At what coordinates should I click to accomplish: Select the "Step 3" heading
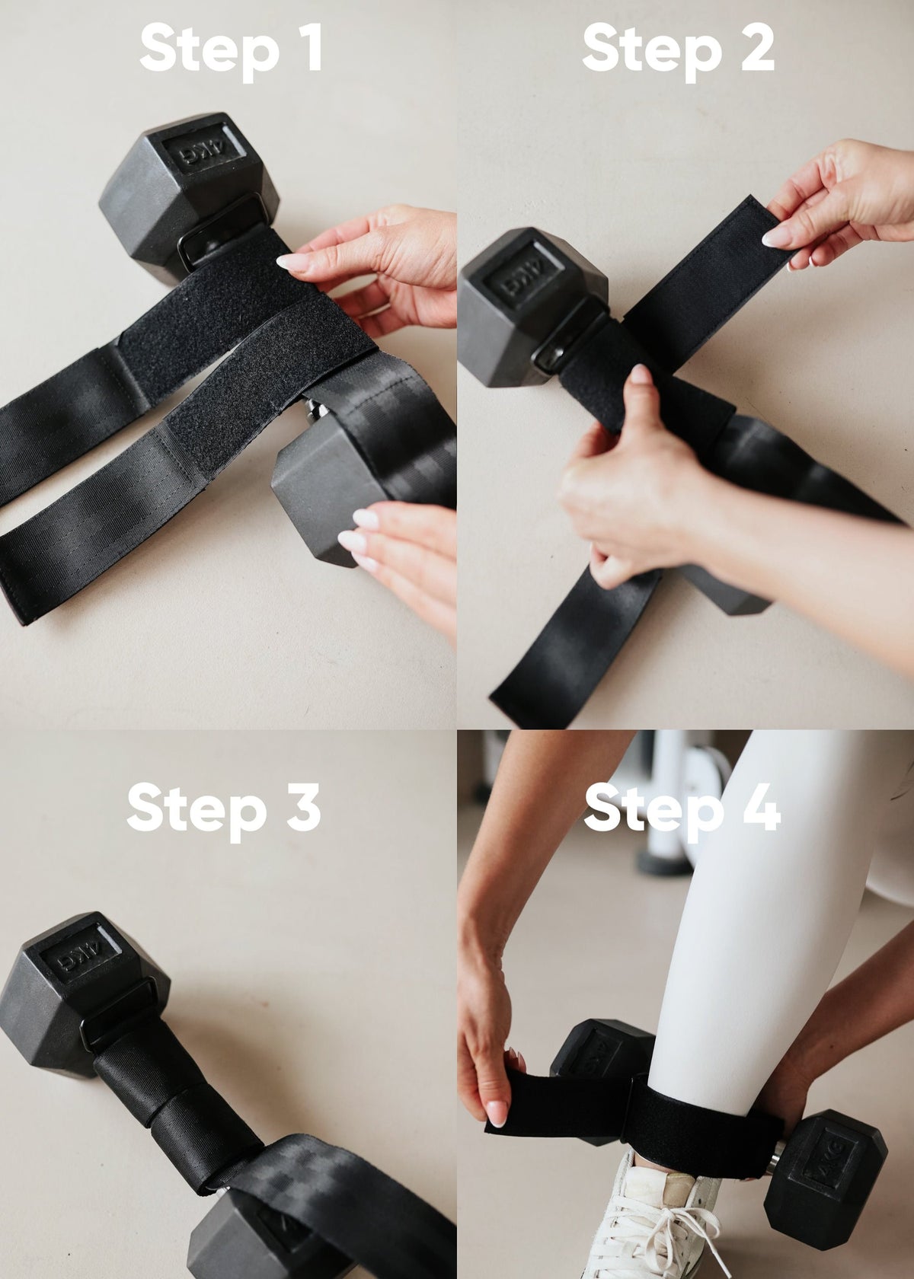223,811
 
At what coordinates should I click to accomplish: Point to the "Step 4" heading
682,811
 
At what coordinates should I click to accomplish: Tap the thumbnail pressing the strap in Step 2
640,375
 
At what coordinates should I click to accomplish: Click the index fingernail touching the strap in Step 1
293,263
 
